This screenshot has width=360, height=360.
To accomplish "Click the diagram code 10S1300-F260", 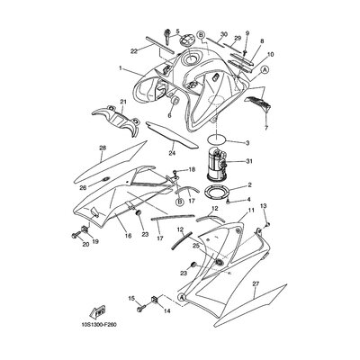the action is (98, 325).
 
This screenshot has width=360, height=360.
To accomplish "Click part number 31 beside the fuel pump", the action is (249, 162).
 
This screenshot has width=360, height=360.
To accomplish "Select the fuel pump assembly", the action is (216, 164).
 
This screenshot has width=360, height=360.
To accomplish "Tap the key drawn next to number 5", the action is (167, 37).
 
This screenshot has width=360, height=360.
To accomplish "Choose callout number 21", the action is (123, 102).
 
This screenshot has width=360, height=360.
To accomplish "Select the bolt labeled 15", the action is (141, 308).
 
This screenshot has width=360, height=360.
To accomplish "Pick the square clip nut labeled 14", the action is (155, 300).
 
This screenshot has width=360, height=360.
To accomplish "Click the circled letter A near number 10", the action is (265, 69).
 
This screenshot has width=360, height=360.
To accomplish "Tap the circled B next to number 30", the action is (202, 34).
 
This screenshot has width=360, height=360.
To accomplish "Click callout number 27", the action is (256, 283).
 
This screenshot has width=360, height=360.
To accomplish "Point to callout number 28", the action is (103, 148).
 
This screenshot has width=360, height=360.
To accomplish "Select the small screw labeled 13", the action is (268, 224).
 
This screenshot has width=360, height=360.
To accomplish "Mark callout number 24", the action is (172, 153).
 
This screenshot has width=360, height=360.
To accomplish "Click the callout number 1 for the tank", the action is (121, 68).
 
